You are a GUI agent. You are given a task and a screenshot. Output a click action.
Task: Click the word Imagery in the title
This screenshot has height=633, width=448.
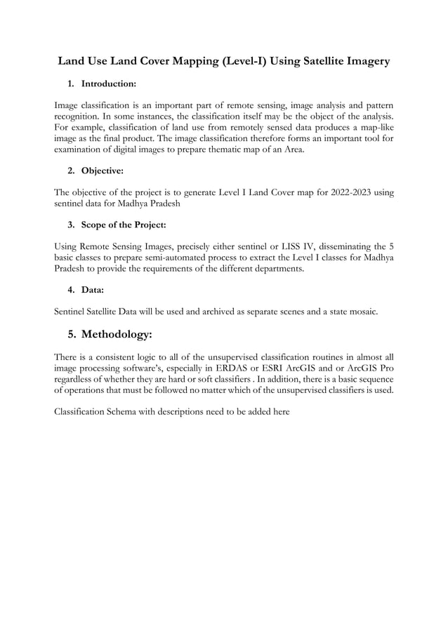coord(362,62)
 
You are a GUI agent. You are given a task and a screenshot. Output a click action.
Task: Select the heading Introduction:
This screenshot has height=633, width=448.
coord(109,84)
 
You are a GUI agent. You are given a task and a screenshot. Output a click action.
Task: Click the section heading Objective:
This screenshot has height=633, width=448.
coord(103,170)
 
